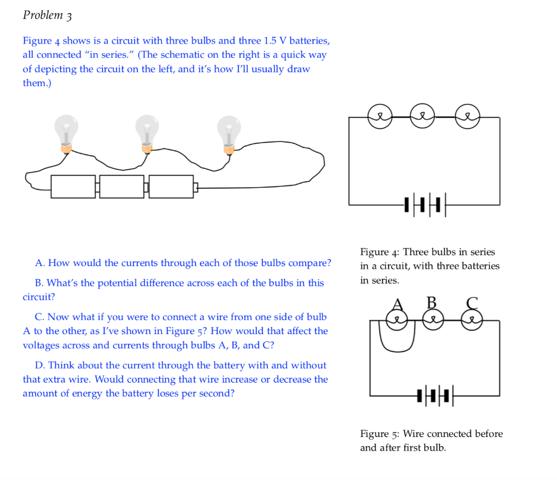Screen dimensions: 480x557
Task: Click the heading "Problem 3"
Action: pyautogui.click(x=47, y=15)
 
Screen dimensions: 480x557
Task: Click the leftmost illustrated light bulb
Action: pyautogui.click(x=66, y=132)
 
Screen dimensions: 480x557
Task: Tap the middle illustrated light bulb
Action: pyautogui.click(x=147, y=132)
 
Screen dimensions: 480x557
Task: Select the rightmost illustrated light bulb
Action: pyautogui.click(x=228, y=132)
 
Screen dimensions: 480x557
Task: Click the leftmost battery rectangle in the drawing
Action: pyautogui.click(x=73, y=187)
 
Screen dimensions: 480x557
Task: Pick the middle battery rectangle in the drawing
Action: pyautogui.click(x=122, y=187)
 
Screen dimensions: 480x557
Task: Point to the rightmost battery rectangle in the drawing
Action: pyautogui.click(x=171, y=187)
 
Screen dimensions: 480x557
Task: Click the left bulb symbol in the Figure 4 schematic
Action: pyautogui.click(x=380, y=116)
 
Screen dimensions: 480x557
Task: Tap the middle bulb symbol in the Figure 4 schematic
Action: pyautogui.click(x=423, y=116)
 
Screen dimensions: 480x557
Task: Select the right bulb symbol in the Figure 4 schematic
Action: pyautogui.click(x=467, y=116)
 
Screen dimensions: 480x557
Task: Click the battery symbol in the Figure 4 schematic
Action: pyautogui.click(x=425, y=205)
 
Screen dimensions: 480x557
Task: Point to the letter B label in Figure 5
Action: pyautogui.click(x=431, y=302)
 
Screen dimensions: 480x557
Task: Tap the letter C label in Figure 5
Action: pyautogui.click(x=472, y=303)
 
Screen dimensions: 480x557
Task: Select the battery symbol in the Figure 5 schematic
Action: pyautogui.click(x=435, y=395)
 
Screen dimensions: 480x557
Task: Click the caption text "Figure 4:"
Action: pyautogui.click(x=380, y=252)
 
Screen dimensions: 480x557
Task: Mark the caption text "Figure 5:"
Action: pyautogui.click(x=380, y=434)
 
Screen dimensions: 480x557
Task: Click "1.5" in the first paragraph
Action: pyautogui.click(x=270, y=41)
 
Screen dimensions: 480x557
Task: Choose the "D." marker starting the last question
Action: pyautogui.click(x=41, y=365)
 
